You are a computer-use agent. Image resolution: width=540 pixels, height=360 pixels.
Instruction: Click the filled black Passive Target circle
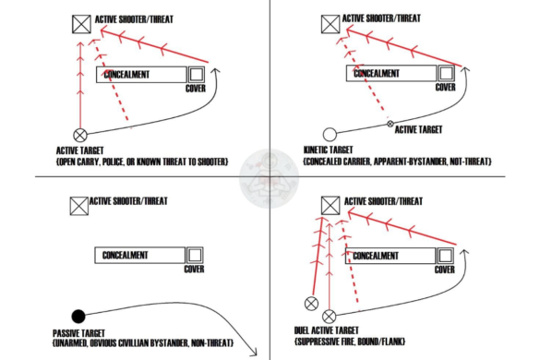(78, 315)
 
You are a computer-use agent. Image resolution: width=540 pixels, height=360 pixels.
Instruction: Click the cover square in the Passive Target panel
(195, 255)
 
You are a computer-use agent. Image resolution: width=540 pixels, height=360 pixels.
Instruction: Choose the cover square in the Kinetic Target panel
(445, 73)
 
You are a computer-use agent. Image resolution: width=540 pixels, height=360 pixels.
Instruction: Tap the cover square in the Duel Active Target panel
(445, 255)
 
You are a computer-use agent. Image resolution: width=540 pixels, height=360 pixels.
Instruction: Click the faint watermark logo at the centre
(269, 178)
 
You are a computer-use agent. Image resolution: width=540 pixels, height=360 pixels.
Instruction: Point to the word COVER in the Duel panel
(445, 270)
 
